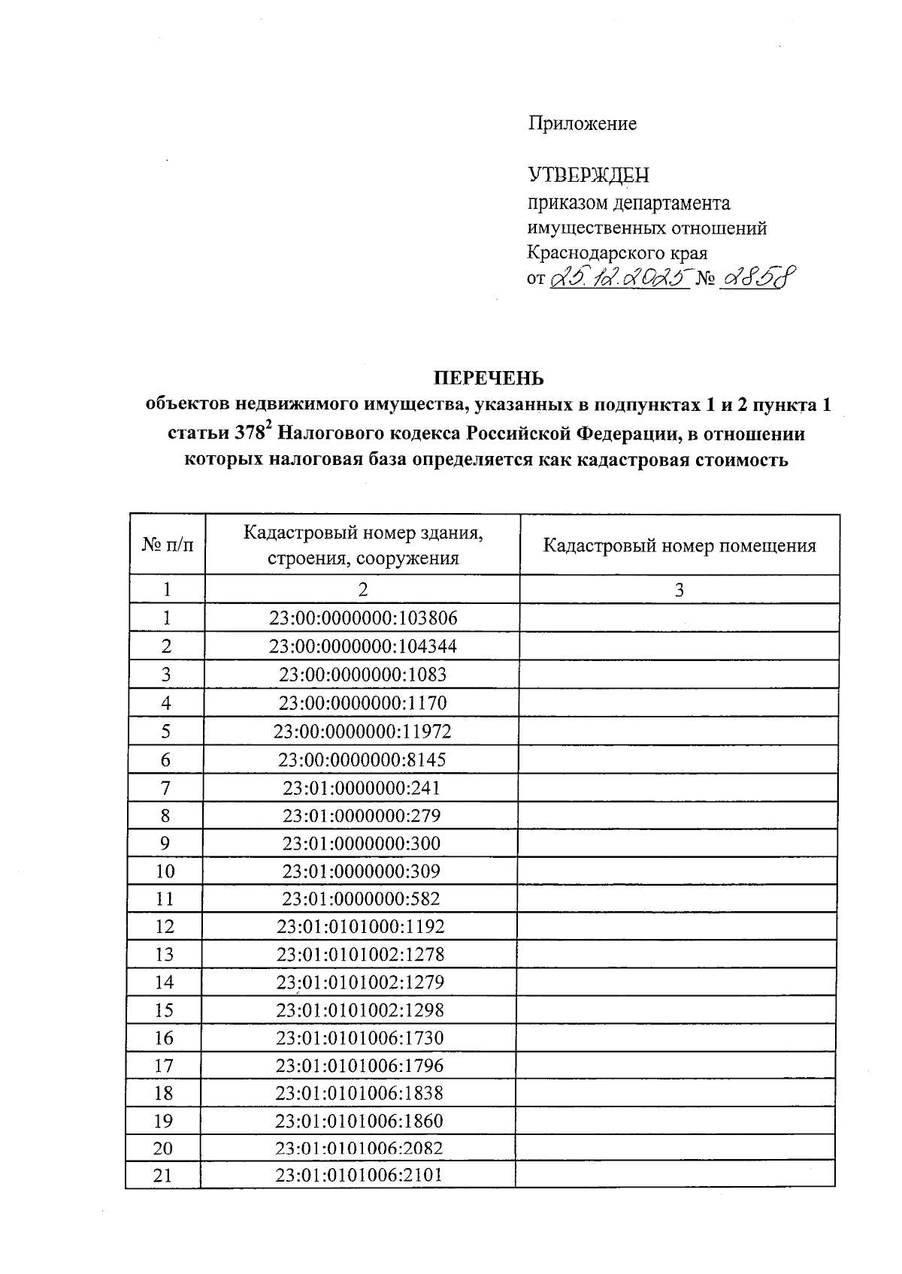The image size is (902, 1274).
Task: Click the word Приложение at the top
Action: click(582, 124)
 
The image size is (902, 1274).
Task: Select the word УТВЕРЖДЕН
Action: click(588, 175)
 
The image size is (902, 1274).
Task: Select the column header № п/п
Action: click(167, 545)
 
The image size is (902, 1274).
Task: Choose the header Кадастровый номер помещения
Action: click(679, 545)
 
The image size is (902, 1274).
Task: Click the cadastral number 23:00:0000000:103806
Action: click(363, 618)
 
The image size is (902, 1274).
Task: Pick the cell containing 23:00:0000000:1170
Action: click(362, 703)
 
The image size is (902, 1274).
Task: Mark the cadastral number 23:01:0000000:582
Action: click(361, 898)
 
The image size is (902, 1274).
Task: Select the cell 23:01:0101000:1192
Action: click(361, 926)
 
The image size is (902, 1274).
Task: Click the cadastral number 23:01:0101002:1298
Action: click(360, 1010)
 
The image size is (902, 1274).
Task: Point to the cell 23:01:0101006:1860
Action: click(359, 1121)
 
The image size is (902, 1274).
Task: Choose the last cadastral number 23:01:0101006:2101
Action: click(359, 1176)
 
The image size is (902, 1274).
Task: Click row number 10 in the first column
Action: click(165, 871)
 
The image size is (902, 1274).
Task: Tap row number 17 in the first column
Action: click(164, 1065)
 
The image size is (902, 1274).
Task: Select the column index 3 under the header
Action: click(679, 590)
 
